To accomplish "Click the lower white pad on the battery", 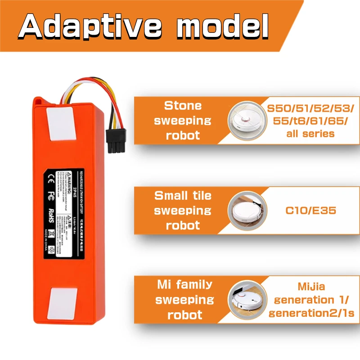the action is point(60,303).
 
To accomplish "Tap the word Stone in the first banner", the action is point(183,106).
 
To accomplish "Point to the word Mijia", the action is point(310,286).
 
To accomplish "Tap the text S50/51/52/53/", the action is point(310,109).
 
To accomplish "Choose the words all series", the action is point(310,134).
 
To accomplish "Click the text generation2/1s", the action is point(310,313).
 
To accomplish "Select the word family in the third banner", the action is point(194,285).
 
